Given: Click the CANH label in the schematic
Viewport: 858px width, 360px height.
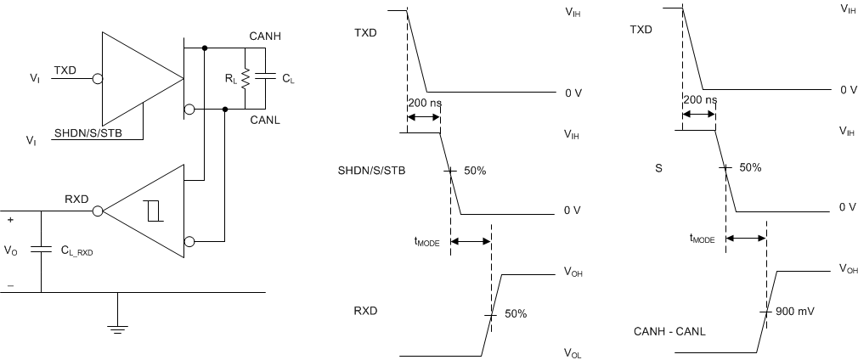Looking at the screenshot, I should click(x=266, y=36).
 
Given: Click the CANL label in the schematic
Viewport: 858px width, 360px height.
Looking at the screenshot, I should click(x=266, y=121).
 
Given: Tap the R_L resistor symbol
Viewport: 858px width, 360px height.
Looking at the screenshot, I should click(x=245, y=78).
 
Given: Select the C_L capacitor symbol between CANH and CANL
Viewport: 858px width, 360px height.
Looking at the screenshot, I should click(x=265, y=77).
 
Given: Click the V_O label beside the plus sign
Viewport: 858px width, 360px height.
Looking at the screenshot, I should click(x=10, y=250).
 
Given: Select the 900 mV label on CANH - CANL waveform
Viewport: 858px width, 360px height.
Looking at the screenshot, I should click(x=795, y=312).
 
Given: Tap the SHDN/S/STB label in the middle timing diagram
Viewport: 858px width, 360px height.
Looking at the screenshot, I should click(x=371, y=171).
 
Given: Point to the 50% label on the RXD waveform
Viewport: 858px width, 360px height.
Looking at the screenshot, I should click(x=515, y=313).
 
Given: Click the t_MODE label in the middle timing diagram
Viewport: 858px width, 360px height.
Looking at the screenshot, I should click(x=426, y=242).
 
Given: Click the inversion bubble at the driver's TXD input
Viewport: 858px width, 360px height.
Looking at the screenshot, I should click(x=97, y=79).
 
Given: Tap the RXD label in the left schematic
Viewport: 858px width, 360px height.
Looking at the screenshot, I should click(x=77, y=200).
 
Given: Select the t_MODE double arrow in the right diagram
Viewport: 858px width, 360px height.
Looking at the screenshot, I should click(x=746, y=239).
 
